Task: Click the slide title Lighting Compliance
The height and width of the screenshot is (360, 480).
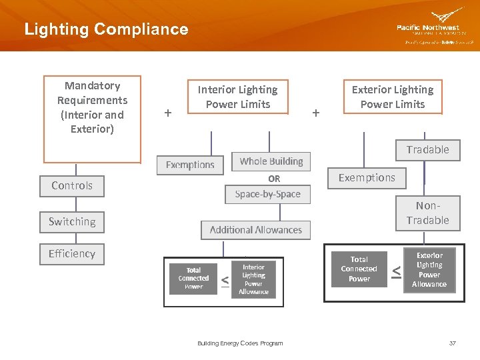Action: tap(106, 29)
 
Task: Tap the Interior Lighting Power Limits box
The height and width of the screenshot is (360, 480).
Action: tap(237, 97)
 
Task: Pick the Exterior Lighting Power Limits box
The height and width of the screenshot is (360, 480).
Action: tap(393, 97)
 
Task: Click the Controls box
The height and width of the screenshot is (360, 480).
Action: tap(72, 185)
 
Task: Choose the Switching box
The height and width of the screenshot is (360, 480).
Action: tap(72, 221)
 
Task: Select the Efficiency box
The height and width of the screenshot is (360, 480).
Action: tap(72, 253)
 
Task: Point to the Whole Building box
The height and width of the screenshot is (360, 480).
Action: tap(271, 161)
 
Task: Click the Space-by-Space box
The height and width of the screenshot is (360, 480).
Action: tap(267, 194)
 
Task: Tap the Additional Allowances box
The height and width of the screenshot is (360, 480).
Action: tap(255, 230)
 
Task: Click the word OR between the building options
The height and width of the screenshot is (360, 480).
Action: tap(274, 179)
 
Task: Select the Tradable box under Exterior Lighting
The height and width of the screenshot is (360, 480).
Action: tap(427, 150)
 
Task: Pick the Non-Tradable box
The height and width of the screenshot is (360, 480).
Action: tap(427, 213)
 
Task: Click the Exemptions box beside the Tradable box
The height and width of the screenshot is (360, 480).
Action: tap(367, 178)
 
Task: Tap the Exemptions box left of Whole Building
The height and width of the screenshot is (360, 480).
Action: tap(190, 165)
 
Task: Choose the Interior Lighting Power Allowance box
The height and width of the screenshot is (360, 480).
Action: tap(253, 279)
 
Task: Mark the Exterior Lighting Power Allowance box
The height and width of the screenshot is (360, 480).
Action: tap(429, 270)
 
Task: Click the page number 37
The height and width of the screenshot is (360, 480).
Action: tap(453, 343)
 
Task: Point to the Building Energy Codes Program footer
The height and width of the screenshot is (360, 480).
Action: tap(240, 343)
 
